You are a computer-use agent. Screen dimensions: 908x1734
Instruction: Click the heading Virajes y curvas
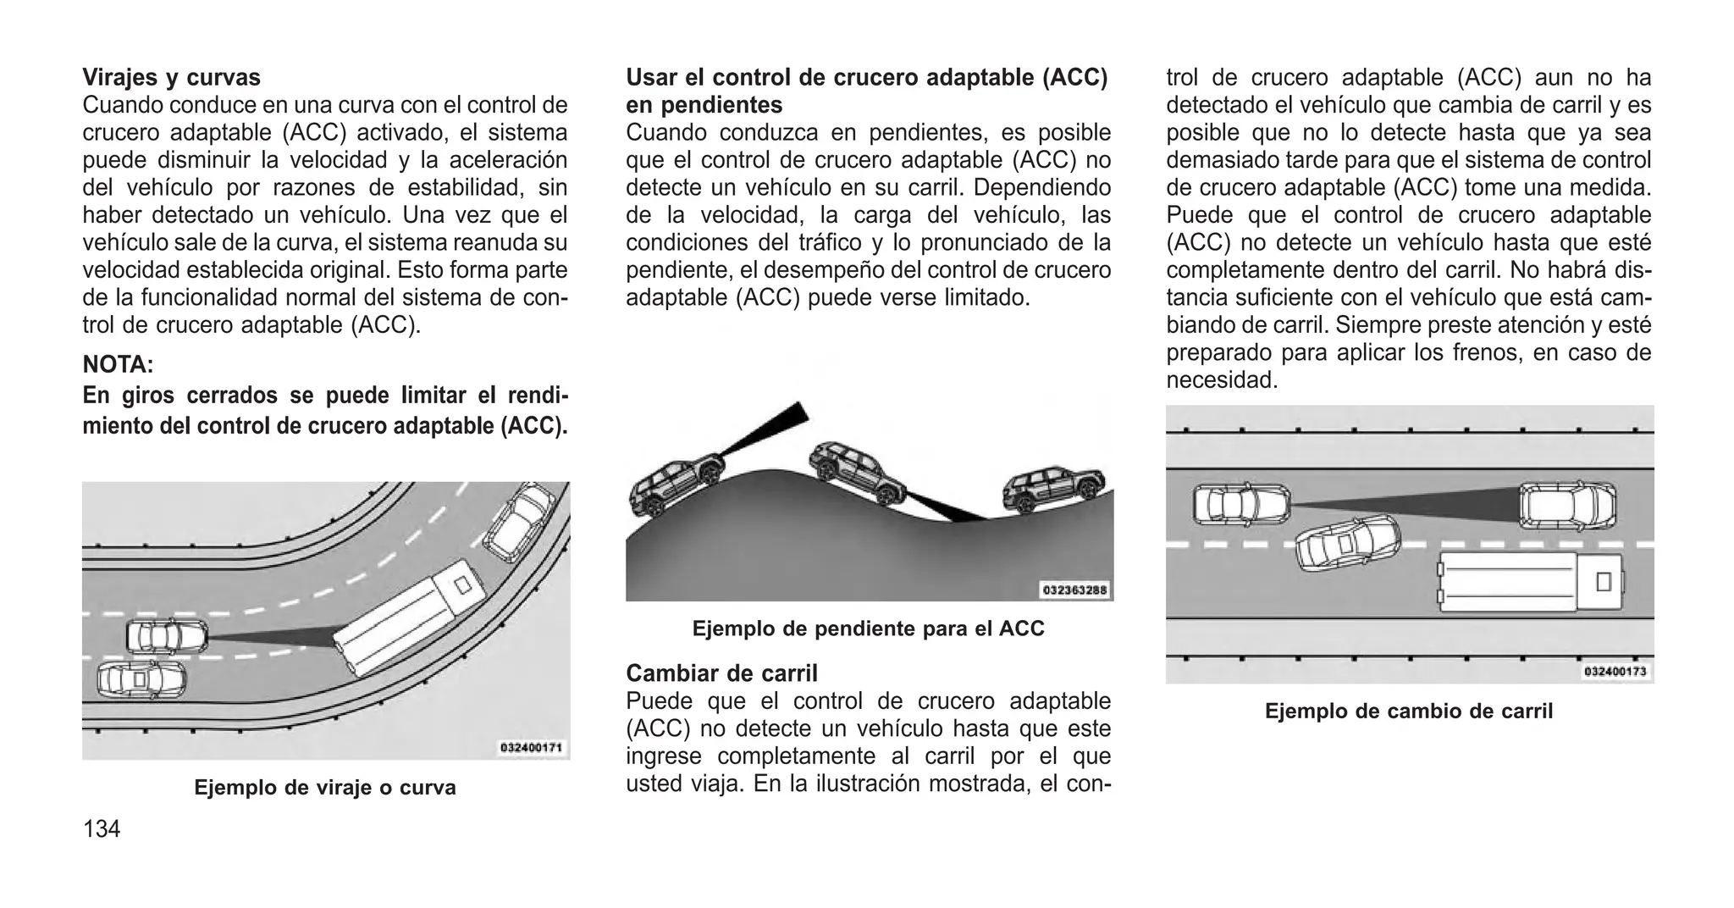click(x=171, y=78)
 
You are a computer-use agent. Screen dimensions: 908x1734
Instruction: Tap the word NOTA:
click(x=118, y=365)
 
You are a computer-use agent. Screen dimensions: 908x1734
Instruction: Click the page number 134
click(x=102, y=828)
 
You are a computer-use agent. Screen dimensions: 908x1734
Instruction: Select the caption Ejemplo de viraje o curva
click(x=325, y=787)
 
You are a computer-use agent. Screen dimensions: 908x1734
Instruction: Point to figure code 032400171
click(x=531, y=748)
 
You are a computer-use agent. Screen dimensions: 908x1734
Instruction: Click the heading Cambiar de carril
click(x=721, y=673)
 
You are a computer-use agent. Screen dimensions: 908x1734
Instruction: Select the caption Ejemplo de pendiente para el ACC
click(x=868, y=628)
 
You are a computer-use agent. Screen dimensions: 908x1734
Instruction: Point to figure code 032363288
click(x=1074, y=590)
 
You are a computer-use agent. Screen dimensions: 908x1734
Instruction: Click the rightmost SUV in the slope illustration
click(x=1052, y=489)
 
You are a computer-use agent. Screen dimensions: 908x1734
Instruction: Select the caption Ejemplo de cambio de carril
click(x=1408, y=711)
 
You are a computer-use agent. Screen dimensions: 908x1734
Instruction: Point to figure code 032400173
click(x=1615, y=672)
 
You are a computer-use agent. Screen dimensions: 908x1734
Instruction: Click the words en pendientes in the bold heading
click(x=704, y=106)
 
